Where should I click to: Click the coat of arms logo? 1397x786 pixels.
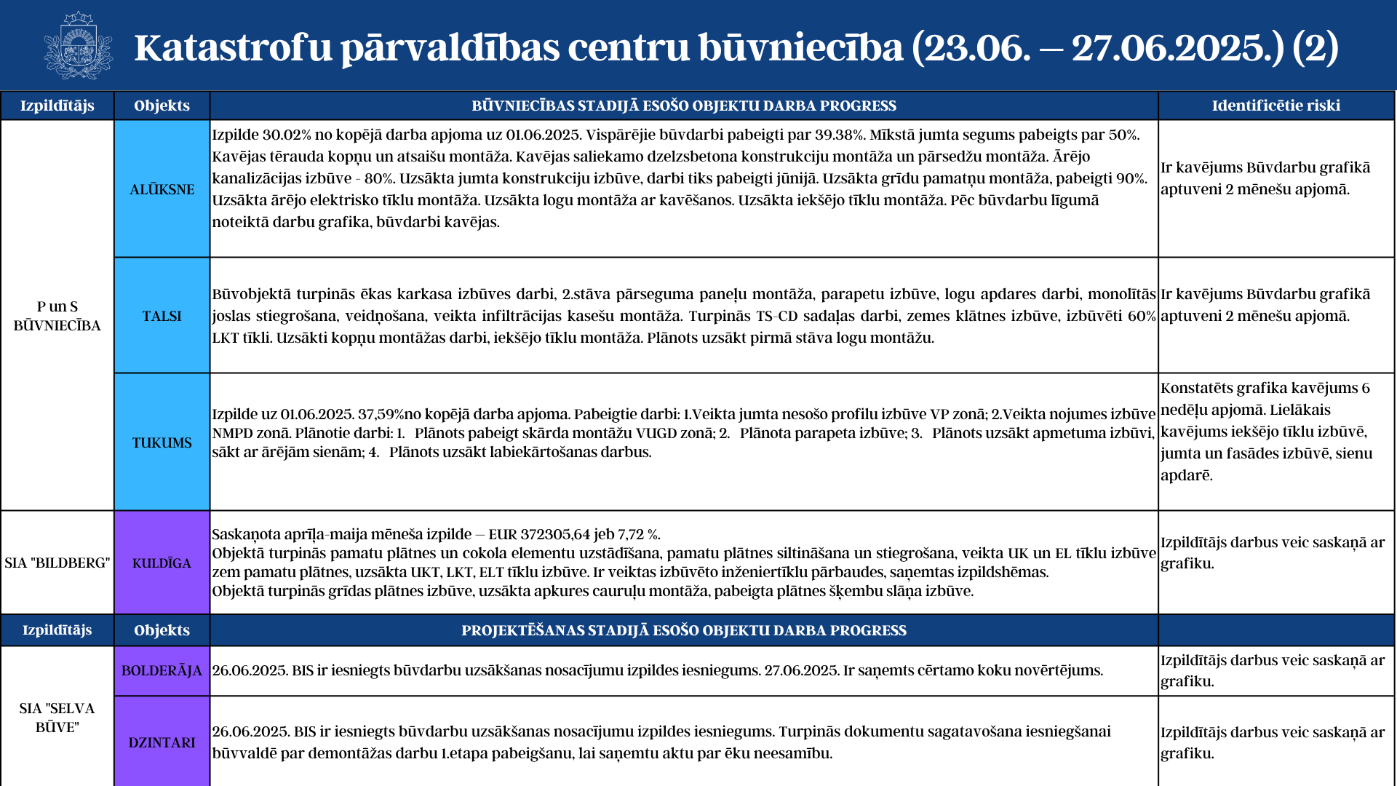[78, 46]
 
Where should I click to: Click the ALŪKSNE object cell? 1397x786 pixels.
[162, 189]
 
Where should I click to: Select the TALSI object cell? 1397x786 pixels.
[162, 316]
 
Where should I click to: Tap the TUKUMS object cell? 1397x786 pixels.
[162, 442]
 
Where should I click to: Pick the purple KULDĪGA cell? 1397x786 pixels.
[162, 563]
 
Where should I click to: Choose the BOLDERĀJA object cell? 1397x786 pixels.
[162, 670]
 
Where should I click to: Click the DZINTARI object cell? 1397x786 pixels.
[162, 742]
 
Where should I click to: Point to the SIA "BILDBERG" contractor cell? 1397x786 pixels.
[57, 563]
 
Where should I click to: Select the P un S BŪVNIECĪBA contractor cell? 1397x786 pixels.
[57, 316]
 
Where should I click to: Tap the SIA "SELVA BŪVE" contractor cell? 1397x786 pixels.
[57, 718]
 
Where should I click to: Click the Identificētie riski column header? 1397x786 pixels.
[1276, 106]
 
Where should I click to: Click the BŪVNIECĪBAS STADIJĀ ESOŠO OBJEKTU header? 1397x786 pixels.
[683, 106]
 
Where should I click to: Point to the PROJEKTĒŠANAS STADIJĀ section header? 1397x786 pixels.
[683, 630]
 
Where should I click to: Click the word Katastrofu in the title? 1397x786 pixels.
[233, 47]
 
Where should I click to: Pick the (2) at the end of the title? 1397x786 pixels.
[1315, 47]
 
